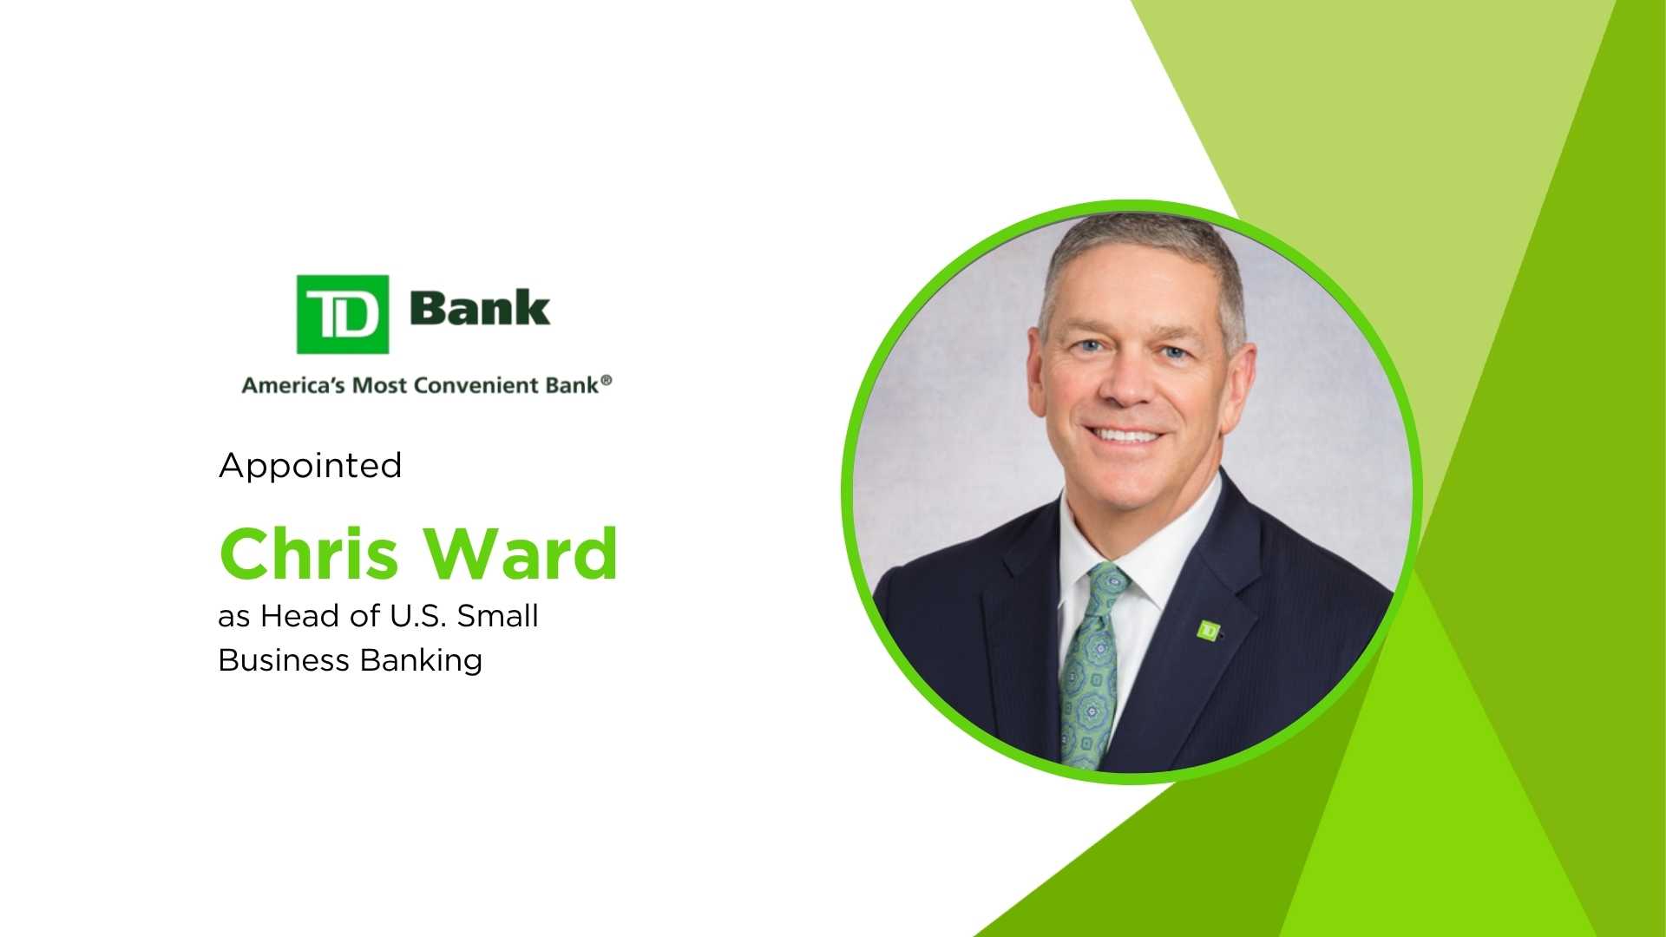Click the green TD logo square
342,314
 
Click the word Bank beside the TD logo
479,308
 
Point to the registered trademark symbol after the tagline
607,381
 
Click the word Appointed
311,466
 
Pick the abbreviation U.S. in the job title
419,616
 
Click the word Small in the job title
498,616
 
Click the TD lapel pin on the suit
1208,630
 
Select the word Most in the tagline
378,385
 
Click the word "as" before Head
234,617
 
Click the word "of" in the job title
364,616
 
